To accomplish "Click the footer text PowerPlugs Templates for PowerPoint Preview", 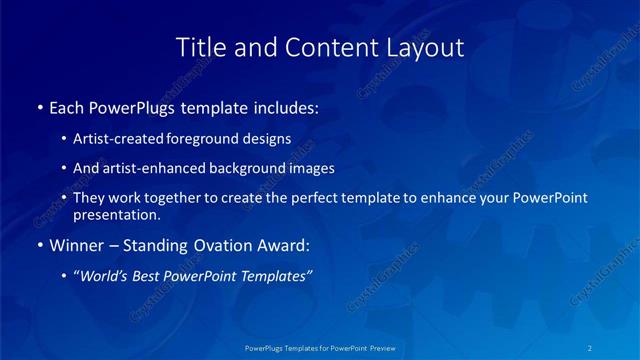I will point(319,349).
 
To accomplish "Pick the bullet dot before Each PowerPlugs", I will point(39,106).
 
